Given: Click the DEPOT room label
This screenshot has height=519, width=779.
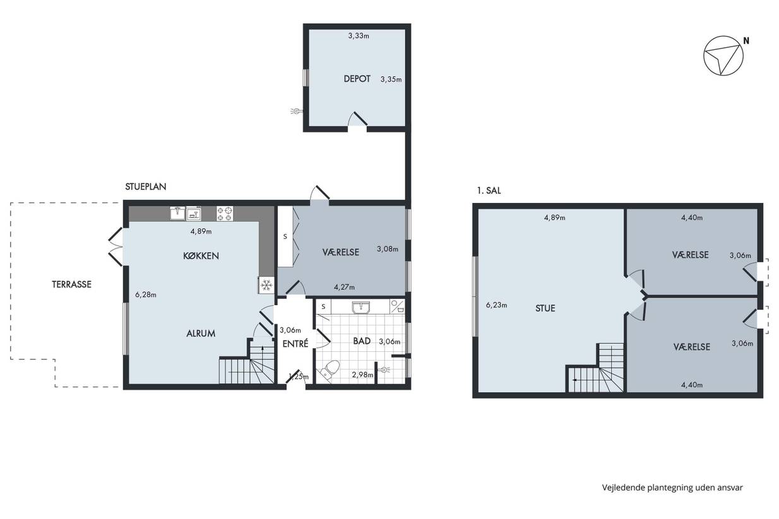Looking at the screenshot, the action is click(x=357, y=79).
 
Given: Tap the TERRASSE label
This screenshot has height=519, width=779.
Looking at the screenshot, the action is click(x=71, y=284).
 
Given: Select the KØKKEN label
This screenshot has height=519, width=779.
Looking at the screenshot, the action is click(x=201, y=256).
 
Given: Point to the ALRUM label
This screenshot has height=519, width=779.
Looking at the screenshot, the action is click(x=201, y=334).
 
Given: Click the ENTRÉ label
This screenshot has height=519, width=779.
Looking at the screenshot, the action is click(x=295, y=344).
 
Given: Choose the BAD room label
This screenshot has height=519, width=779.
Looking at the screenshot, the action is click(x=362, y=341).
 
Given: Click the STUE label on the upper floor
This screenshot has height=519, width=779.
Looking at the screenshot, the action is click(x=545, y=308).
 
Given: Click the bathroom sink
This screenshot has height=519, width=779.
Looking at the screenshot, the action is click(x=362, y=308).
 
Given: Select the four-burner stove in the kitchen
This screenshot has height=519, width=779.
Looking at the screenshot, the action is click(x=225, y=214).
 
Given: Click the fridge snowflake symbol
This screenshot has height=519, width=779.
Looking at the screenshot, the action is click(x=266, y=285).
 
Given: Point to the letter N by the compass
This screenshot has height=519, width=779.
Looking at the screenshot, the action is click(x=746, y=40).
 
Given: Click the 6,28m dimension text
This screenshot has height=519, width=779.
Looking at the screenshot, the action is click(x=146, y=294).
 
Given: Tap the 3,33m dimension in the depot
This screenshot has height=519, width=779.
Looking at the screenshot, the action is click(x=359, y=36).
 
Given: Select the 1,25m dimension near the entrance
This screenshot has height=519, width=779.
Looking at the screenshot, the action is click(x=299, y=376).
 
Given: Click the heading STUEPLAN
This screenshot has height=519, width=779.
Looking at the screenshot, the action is click(x=146, y=187).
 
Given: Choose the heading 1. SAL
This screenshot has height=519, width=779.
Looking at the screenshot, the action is click(x=489, y=190).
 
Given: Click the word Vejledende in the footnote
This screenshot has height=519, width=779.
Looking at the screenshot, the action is click(x=624, y=487).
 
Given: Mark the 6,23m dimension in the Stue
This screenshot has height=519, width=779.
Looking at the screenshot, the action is click(x=496, y=305).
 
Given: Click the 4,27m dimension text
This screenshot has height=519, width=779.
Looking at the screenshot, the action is click(x=344, y=287).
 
